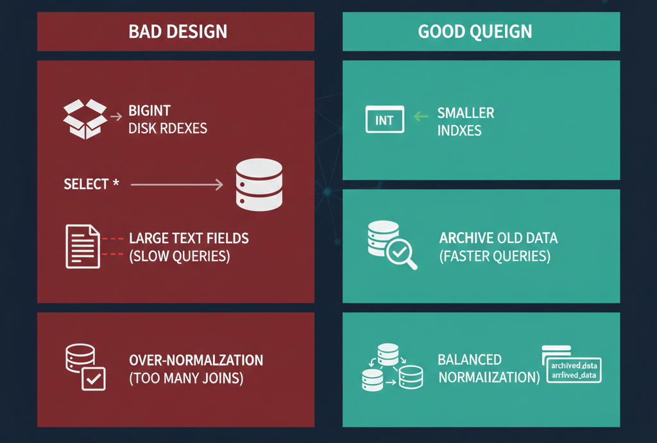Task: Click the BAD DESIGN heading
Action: (x=178, y=31)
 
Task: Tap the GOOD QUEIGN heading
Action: (x=475, y=31)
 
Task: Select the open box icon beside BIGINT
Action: (x=85, y=119)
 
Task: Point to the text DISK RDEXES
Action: (x=167, y=128)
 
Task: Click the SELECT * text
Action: (x=91, y=185)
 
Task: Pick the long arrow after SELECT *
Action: (x=176, y=185)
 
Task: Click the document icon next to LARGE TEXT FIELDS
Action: (x=83, y=246)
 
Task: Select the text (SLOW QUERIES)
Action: (x=179, y=256)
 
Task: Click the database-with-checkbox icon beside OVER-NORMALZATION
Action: (x=86, y=368)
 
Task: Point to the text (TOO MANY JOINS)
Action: (x=186, y=378)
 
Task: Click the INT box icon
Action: (x=384, y=120)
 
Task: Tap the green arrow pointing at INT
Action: (x=421, y=117)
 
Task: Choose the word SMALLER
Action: (x=466, y=113)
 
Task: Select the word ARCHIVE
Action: (x=466, y=238)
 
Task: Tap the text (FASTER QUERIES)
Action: (x=495, y=256)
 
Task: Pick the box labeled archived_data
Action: (x=573, y=370)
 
